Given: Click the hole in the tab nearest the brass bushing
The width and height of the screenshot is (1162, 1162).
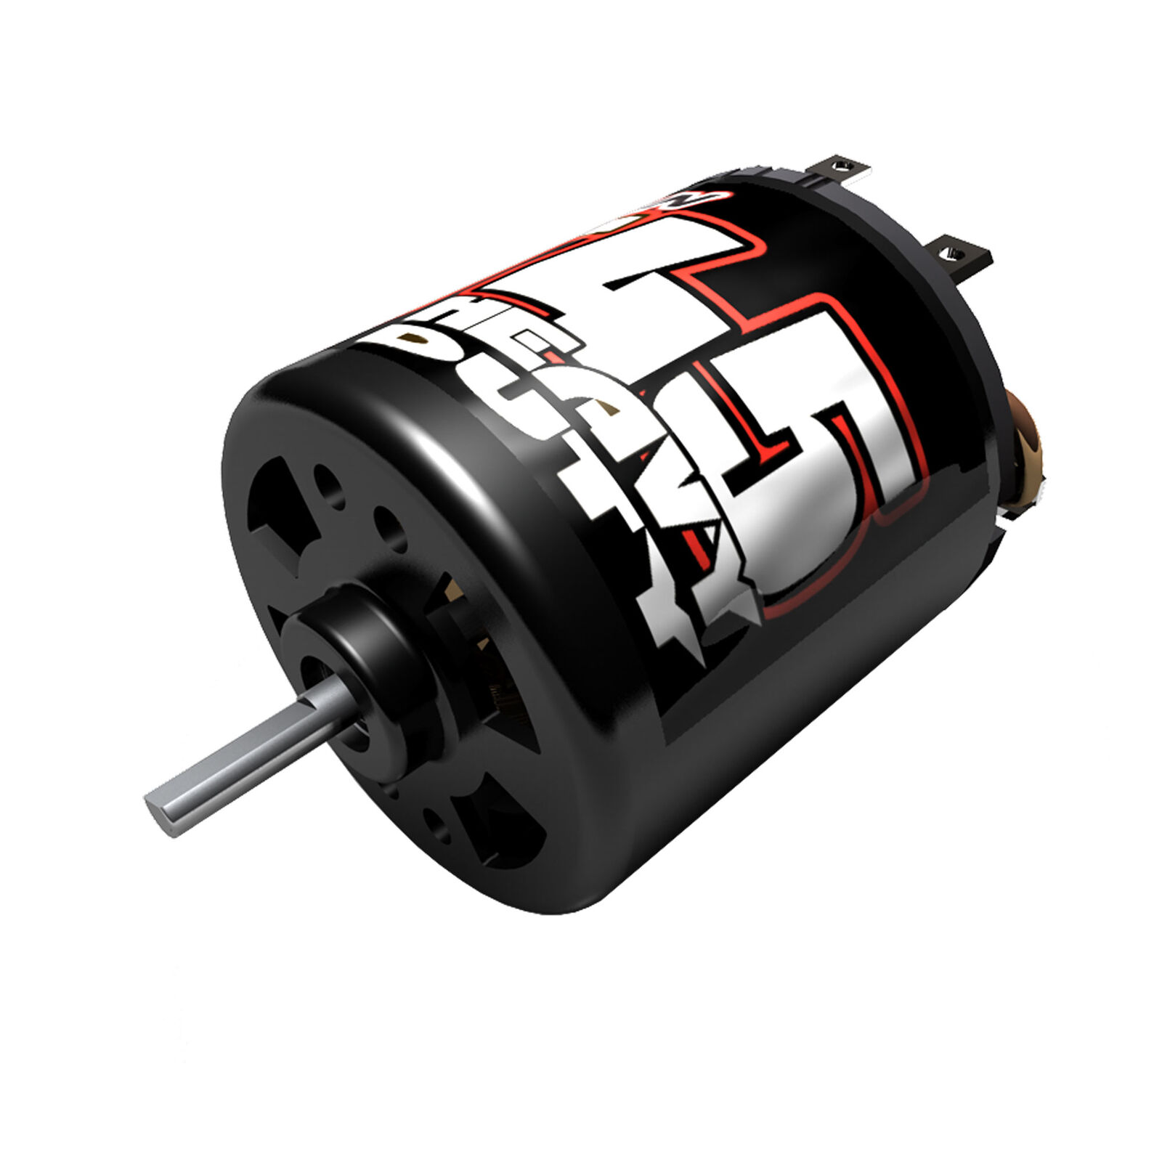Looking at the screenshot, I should click(x=954, y=253).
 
